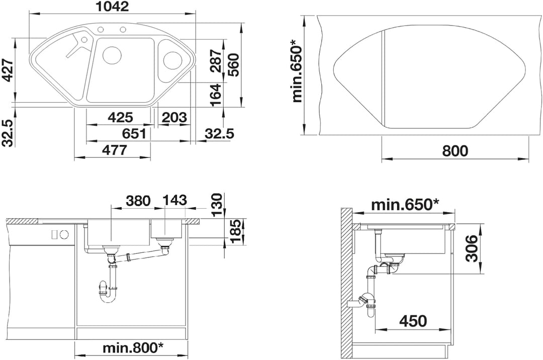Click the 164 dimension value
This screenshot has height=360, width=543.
click(215, 95)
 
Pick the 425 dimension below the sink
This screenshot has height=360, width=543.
click(120, 117)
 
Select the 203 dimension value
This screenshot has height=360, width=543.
click(174, 117)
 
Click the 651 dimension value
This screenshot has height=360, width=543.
click(134, 133)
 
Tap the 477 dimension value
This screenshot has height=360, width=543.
click(115, 150)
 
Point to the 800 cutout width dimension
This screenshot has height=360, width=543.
click(455, 150)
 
